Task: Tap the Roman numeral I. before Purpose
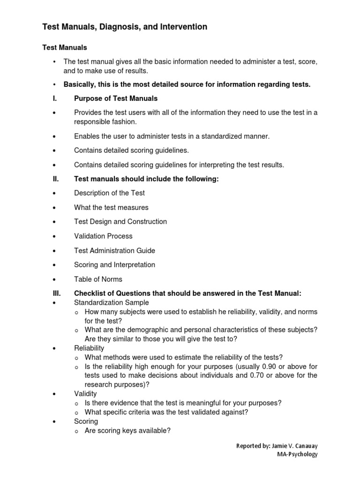(x=55, y=98)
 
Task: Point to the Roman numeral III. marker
(x=56, y=293)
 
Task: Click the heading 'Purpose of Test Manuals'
(x=116, y=98)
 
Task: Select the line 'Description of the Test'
(x=109, y=193)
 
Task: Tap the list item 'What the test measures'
(x=111, y=207)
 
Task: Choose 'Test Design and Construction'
(x=120, y=222)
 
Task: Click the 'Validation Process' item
(x=103, y=236)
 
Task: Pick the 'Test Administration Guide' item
(x=114, y=251)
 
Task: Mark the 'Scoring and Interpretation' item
(x=114, y=265)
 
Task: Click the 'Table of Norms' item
(x=98, y=279)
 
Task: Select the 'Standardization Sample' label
(x=112, y=303)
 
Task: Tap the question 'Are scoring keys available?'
(x=127, y=430)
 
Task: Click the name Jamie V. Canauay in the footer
(x=294, y=446)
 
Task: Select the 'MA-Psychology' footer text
(x=297, y=454)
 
